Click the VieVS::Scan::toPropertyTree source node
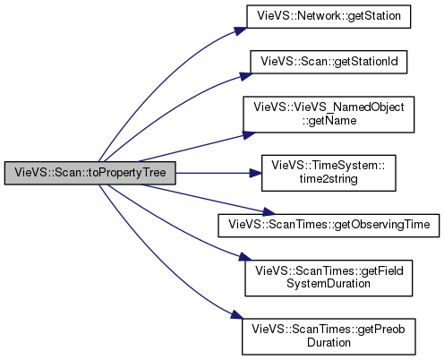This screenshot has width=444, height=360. (x=90, y=173)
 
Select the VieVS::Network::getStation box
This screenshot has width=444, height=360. (x=329, y=16)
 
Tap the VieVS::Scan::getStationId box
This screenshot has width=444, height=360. (x=329, y=62)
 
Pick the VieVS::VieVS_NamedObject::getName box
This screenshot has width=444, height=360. (x=329, y=115)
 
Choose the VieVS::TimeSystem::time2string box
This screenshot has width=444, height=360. (x=329, y=173)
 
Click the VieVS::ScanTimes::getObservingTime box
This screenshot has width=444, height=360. (x=329, y=226)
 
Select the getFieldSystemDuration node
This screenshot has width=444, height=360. (x=329, y=278)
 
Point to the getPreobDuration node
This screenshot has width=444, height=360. (x=329, y=337)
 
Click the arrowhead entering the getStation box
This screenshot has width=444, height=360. (x=241, y=30)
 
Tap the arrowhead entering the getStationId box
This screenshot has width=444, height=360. (x=245, y=75)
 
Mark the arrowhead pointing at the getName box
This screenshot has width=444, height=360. (x=249, y=134)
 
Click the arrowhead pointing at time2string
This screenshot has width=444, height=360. (x=256, y=173)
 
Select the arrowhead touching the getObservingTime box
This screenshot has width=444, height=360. (x=269, y=212)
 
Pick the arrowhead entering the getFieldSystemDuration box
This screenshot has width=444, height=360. (x=245, y=257)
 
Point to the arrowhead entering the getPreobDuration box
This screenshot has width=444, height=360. (x=236, y=316)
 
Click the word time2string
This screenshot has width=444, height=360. (x=329, y=179)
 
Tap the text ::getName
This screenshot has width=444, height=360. (x=329, y=121)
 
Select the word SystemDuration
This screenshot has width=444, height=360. (x=329, y=283)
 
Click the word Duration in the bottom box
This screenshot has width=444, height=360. (x=329, y=342)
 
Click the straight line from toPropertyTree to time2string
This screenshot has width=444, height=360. (x=213, y=173)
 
